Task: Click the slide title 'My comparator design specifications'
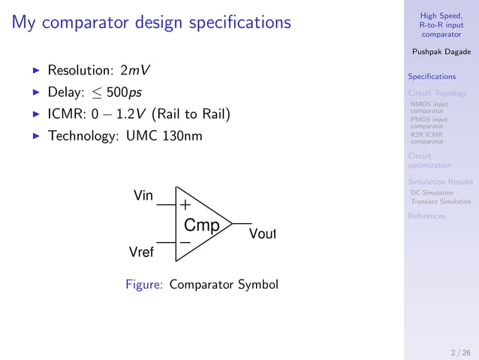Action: click(151, 23)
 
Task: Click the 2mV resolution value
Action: click(135, 71)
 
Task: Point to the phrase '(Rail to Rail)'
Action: click(190, 116)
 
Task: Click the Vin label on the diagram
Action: click(143, 196)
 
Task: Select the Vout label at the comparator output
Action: click(263, 234)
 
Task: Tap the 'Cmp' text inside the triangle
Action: click(202, 225)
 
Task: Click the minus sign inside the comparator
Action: click(185, 243)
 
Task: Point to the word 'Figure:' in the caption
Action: click(145, 285)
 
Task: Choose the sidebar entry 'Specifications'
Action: click(431, 77)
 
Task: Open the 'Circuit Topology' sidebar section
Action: click(437, 93)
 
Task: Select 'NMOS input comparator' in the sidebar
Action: click(429, 107)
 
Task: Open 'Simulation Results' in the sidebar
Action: click(440, 182)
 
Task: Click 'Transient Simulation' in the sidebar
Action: click(441, 201)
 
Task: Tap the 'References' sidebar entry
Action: click(426, 216)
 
